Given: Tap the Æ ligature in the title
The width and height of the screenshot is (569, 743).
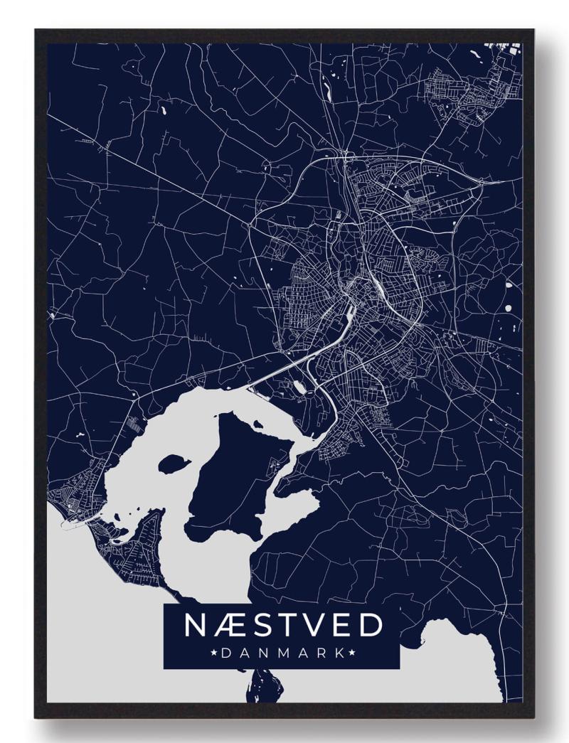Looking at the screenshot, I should pos(228,625).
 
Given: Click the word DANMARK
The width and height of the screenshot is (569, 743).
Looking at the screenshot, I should pos(281,652).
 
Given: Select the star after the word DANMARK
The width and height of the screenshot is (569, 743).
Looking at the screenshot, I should pos(351,652).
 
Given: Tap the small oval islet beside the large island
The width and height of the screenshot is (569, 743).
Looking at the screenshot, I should pos(171,465).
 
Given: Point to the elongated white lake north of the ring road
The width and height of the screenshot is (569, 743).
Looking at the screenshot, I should pos(325,89).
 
